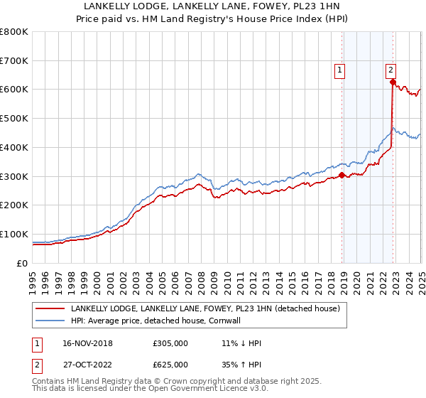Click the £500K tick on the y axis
coord(14,119)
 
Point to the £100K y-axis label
coord(14,234)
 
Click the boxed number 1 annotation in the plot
coord(341,70)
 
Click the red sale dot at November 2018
coord(342,175)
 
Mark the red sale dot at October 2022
coord(393,82)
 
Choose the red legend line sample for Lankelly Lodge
coord(50,308)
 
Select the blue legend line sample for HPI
coord(50,320)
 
